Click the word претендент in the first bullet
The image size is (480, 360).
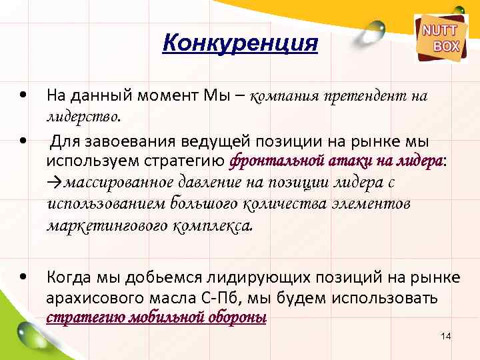coord(359,97)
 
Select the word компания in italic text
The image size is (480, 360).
coord(285,97)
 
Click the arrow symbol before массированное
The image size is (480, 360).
coord(53,183)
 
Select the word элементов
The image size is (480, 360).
coord(377,203)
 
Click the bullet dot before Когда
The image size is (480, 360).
coord(23,276)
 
